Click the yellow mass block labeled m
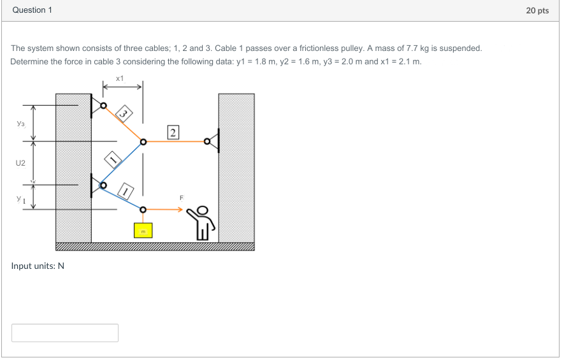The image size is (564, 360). click(143, 231)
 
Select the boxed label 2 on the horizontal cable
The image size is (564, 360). click(172, 132)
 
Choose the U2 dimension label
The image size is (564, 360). click(20, 163)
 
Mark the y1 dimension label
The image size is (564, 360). click(21, 199)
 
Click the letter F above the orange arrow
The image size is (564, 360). click(181, 198)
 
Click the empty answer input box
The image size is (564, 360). click(65, 333)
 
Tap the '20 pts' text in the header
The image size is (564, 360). click(537, 11)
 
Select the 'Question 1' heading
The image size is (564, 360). click(33, 10)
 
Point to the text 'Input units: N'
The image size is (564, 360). click(38, 266)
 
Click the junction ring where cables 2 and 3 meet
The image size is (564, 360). click(143, 142)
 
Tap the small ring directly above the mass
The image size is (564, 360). click(143, 208)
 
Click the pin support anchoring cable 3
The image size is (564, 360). click(98, 106)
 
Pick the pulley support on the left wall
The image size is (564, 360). click(98, 185)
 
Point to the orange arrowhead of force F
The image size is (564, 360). click(180, 208)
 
